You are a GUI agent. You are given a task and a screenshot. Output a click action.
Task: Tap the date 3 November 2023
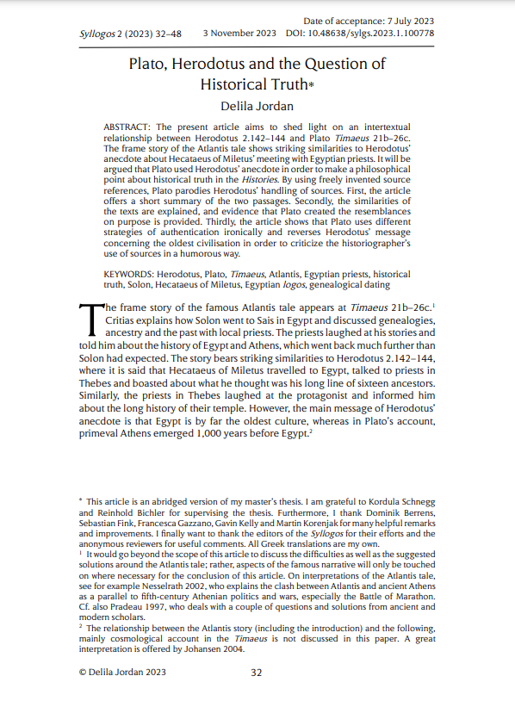tap(239, 34)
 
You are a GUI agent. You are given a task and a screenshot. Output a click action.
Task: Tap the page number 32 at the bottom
tap(256, 673)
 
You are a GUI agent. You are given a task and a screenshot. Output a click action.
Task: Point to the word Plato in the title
tap(148, 65)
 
